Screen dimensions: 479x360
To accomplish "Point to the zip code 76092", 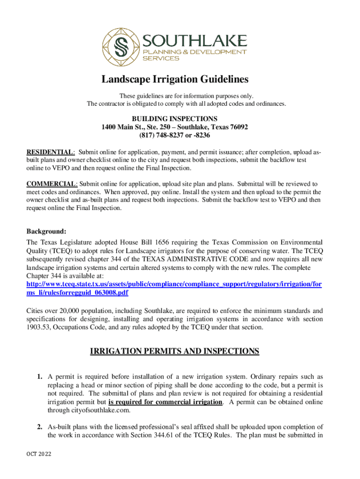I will tap(236, 127).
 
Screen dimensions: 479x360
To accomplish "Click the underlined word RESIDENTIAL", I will tap(50, 152).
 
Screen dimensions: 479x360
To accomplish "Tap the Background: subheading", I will tap(46, 231).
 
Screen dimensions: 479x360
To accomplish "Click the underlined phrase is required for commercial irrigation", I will tap(165, 402).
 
